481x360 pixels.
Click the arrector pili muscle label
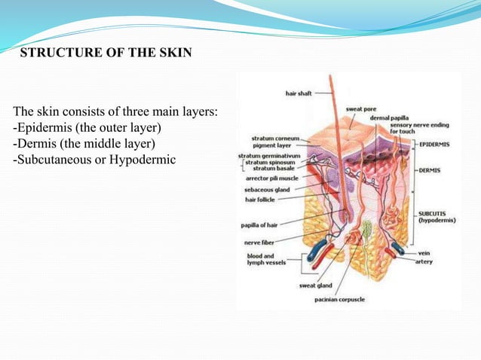pyautogui.click(x=271, y=179)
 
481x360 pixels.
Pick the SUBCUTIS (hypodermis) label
pyautogui.click(x=440, y=217)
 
